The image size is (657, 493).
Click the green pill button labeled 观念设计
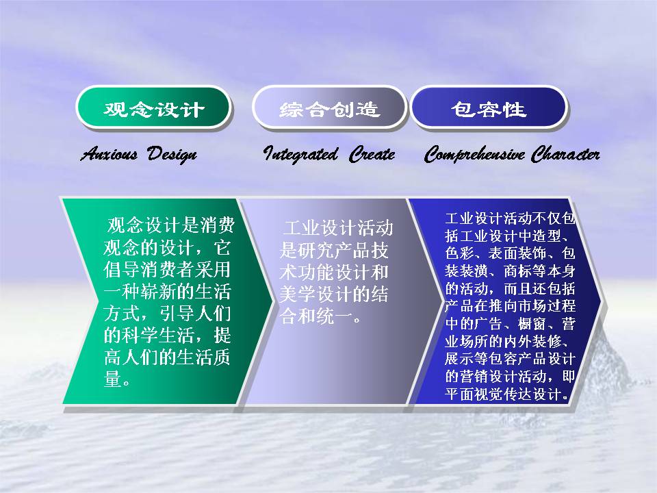pyautogui.click(x=153, y=108)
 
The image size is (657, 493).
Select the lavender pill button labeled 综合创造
pyautogui.click(x=329, y=108)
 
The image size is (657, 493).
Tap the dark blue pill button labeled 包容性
pyautogui.click(x=489, y=108)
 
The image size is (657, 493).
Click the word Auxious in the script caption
pyautogui.click(x=109, y=154)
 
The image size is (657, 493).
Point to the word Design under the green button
pyautogui.click(x=172, y=155)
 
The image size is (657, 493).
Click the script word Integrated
pyautogui.click(x=300, y=154)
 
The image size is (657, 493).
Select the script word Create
pyautogui.click(x=372, y=154)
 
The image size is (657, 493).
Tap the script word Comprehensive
pyautogui.click(x=474, y=154)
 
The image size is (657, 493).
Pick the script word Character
pyautogui.click(x=565, y=154)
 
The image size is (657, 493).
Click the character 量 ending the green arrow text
pyautogui.click(x=112, y=379)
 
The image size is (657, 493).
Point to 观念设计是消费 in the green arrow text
pyautogui.click(x=170, y=225)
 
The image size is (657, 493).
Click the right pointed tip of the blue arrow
pyautogui.click(x=601, y=301)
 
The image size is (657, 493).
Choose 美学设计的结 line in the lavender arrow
pyautogui.click(x=333, y=294)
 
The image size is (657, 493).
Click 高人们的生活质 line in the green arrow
pyautogui.click(x=167, y=357)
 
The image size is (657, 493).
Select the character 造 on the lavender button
pyautogui.click(x=368, y=109)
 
